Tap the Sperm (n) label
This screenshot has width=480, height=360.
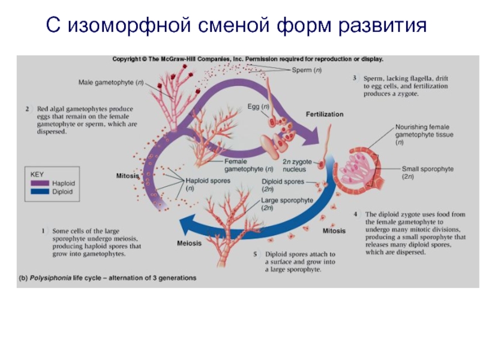point(307,70)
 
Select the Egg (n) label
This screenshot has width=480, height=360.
point(258,107)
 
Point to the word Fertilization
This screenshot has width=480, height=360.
point(325,114)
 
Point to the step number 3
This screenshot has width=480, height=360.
point(355,78)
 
